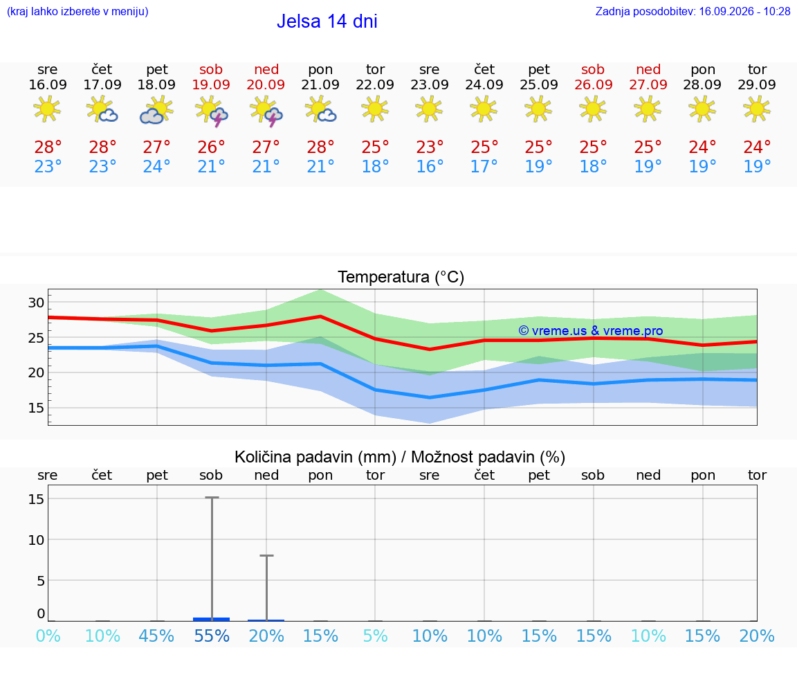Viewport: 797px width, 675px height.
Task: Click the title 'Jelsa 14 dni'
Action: tap(327, 21)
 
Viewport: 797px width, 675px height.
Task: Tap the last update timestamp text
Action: tap(693, 11)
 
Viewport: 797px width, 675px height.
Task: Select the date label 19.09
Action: tap(211, 84)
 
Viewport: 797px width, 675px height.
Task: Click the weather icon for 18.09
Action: tap(156, 110)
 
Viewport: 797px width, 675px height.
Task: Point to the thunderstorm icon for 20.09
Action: tap(266, 111)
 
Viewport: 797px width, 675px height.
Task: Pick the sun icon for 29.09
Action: tap(757, 109)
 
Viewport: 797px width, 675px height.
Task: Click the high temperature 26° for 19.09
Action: tap(211, 147)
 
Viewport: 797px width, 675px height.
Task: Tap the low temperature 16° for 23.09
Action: tap(430, 166)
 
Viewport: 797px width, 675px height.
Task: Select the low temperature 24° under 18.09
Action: tap(156, 166)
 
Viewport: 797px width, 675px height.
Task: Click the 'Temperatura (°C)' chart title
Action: tap(401, 277)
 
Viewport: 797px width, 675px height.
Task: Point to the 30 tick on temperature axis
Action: tap(36, 303)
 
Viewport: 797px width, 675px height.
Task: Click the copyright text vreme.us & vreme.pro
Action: tap(591, 331)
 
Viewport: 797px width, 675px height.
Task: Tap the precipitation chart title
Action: tap(400, 457)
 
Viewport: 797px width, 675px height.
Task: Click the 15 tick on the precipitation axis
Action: tap(36, 499)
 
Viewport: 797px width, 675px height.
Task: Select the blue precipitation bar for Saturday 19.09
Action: tap(212, 619)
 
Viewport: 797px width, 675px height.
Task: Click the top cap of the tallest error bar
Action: tap(212, 498)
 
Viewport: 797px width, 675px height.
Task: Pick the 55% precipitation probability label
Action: tap(212, 636)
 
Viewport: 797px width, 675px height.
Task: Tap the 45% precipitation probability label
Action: tap(156, 636)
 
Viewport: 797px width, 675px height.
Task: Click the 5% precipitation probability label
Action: tap(376, 636)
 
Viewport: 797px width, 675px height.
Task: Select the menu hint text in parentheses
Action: tap(77, 11)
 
